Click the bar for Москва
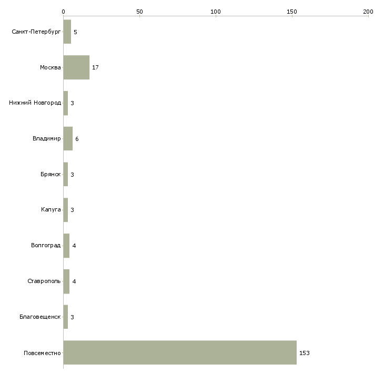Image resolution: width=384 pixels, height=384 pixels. (76, 67)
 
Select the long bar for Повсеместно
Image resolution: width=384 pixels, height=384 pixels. (180, 352)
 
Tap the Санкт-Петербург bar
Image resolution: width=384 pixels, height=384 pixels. (67, 32)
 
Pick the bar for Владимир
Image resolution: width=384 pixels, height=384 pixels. (68, 139)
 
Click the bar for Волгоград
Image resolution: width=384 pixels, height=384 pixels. (66, 246)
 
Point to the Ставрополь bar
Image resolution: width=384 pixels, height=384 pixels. (66, 281)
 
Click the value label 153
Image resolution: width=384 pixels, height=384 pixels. (305, 353)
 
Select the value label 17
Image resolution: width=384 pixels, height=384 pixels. (95, 67)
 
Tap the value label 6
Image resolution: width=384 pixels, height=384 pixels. (77, 139)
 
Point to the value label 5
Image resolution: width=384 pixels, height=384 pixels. (75, 32)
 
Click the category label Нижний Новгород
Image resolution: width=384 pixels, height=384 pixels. (35, 103)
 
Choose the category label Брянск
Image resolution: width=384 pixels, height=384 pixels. (50, 174)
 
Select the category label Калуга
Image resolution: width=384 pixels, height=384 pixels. (51, 210)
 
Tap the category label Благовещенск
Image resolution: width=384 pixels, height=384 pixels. (40, 317)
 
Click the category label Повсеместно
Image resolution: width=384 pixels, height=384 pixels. (42, 353)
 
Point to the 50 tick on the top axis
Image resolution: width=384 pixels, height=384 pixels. (139, 12)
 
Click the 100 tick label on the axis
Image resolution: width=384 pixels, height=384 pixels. (216, 12)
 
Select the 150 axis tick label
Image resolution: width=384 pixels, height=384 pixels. (292, 12)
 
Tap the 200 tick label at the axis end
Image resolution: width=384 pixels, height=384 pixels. (368, 12)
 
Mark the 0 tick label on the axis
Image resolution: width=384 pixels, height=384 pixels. (64, 12)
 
